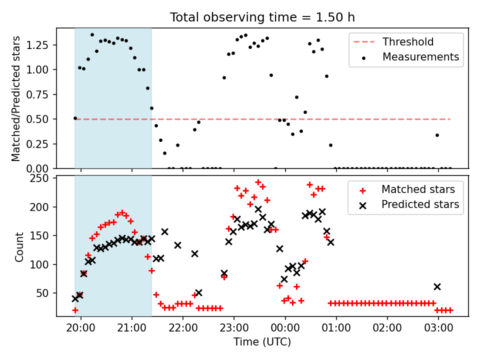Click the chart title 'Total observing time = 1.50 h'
point(262,17)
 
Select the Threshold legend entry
point(393,41)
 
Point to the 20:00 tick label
point(81,328)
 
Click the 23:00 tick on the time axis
point(234,328)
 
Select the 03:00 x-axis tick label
point(438,328)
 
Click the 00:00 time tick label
point(285,328)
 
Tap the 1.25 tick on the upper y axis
point(37,45)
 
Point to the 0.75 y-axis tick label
point(37,94)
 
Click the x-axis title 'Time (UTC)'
point(262,341)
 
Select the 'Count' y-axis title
point(19,246)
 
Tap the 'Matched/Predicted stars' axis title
point(15,98)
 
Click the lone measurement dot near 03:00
point(437,135)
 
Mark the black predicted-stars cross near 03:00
point(437,287)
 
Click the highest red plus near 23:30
point(258,182)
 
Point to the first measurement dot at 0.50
point(75,118)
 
